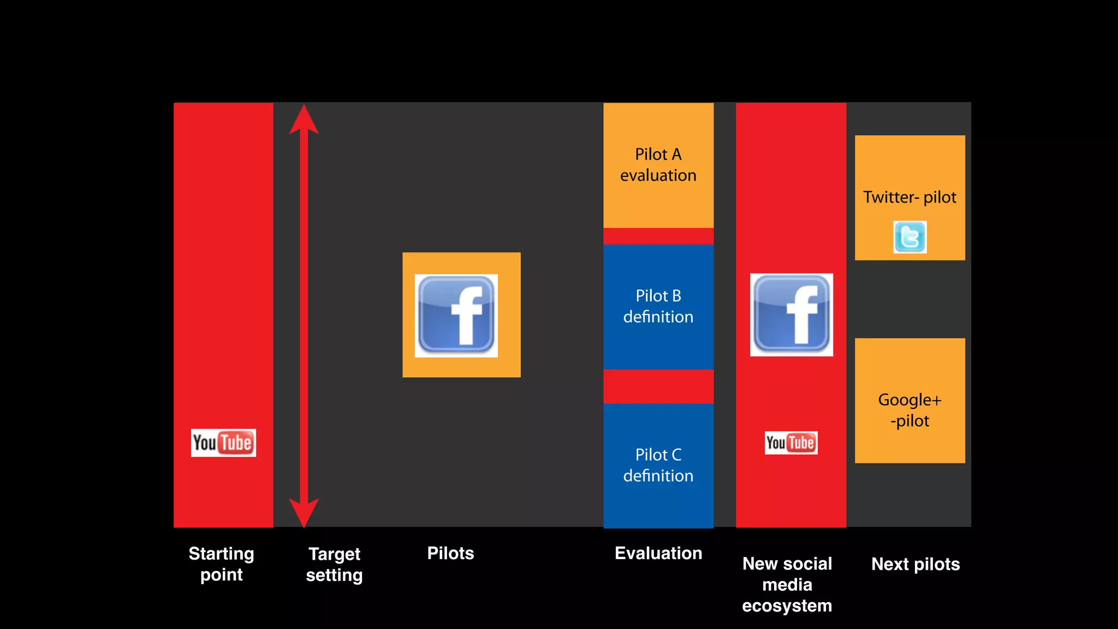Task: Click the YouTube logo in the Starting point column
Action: tap(223, 443)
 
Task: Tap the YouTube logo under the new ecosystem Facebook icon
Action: tap(791, 442)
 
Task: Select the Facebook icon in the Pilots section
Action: tap(456, 316)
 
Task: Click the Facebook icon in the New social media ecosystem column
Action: tap(792, 315)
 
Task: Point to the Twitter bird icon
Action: tap(909, 237)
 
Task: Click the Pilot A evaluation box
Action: tap(658, 165)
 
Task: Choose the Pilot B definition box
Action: tap(658, 306)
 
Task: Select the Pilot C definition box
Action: tap(658, 465)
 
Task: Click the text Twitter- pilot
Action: tap(909, 197)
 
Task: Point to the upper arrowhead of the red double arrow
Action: tap(304, 120)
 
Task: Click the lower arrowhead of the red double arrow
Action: tap(304, 512)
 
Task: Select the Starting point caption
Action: tap(221, 564)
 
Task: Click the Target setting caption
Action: tap(334, 565)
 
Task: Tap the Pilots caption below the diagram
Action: tap(450, 553)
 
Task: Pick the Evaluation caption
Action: tap(658, 553)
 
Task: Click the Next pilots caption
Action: tap(915, 564)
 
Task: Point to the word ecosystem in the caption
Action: tap(787, 606)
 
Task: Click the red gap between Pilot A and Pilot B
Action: tap(658, 236)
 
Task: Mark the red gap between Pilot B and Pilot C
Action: tap(658, 386)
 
